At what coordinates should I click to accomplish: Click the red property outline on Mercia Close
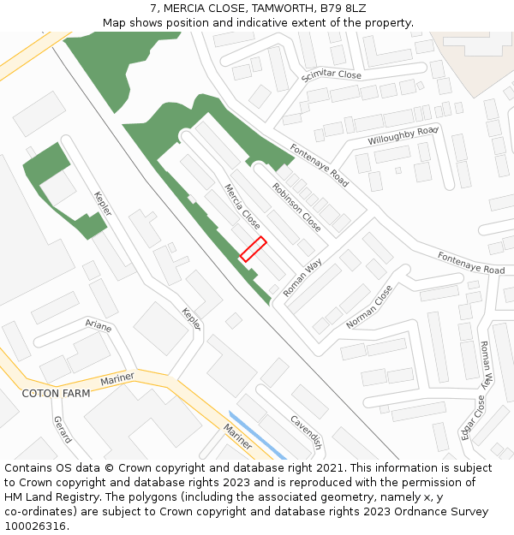point(253,249)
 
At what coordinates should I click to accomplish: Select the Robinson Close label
point(296,207)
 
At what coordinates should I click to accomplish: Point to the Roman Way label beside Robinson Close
point(302,278)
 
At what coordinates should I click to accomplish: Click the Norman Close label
point(369,307)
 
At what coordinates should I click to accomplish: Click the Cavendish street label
point(306,432)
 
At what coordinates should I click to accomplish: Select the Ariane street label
point(99,324)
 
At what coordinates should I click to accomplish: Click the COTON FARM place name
point(56,394)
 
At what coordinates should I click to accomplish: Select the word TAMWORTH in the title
point(285,8)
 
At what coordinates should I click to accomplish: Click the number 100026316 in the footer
point(36,526)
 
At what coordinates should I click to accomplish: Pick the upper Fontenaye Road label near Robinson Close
point(319,165)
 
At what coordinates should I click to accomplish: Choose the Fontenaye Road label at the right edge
point(470,263)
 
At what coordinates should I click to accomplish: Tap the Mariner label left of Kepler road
point(117,379)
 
